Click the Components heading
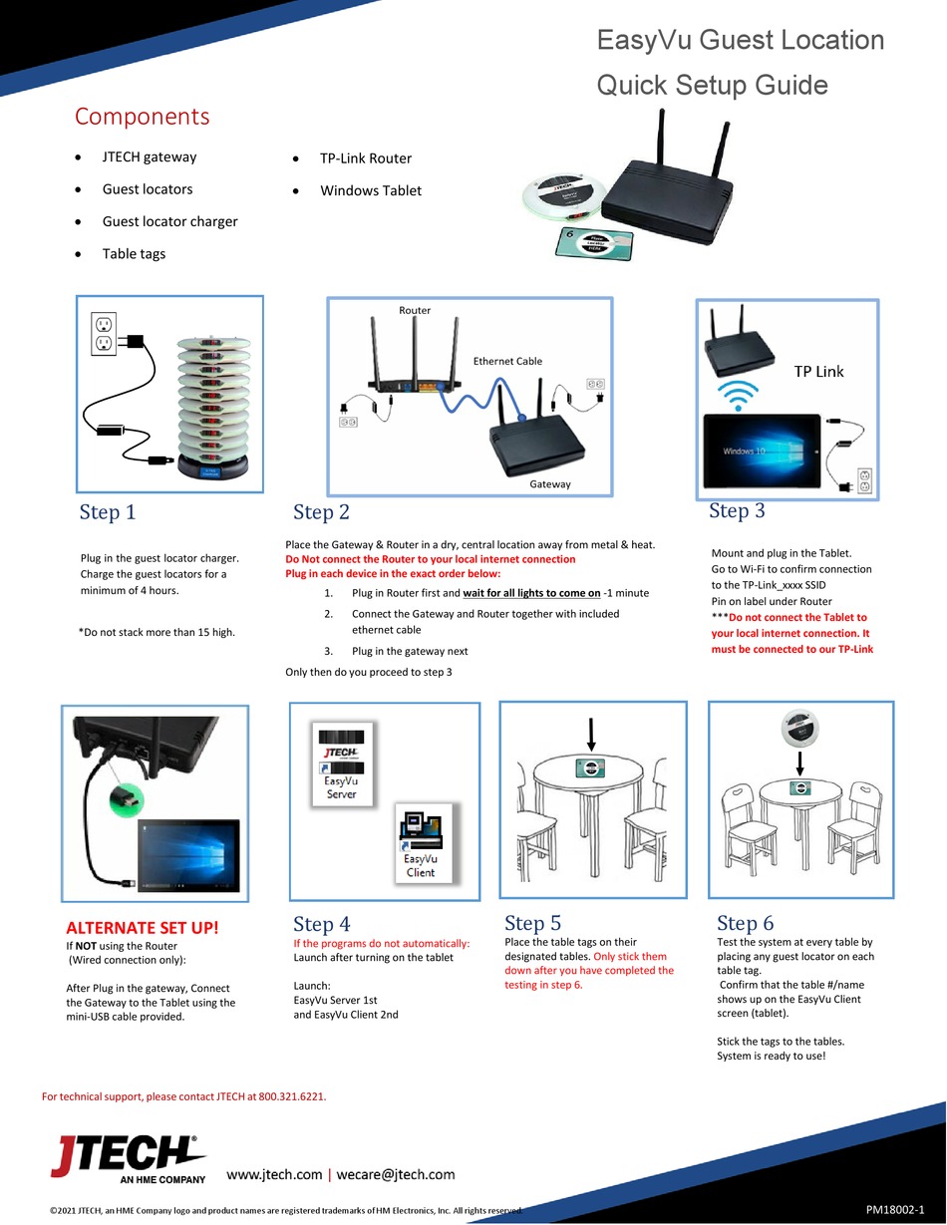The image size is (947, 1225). (x=142, y=117)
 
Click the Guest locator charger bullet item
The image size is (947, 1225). (x=169, y=221)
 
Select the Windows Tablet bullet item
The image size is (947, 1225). (x=370, y=190)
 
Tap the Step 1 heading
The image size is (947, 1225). (x=107, y=512)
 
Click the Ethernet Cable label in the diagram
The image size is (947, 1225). (x=507, y=361)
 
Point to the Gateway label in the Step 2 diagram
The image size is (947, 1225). (x=550, y=483)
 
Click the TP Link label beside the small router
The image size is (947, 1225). (x=818, y=372)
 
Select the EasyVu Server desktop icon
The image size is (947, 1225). (x=342, y=764)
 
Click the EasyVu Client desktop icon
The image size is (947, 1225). (x=421, y=843)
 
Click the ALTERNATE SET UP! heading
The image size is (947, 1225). (x=141, y=928)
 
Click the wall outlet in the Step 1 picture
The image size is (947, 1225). (x=104, y=334)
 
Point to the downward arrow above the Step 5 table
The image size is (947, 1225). (x=591, y=735)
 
